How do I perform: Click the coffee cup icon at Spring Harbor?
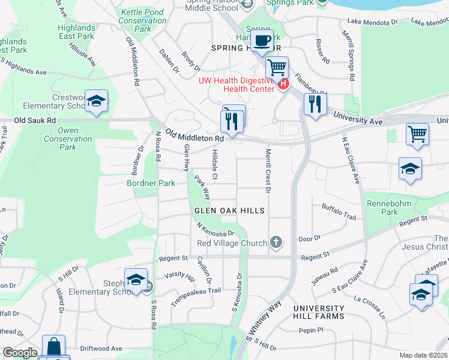261,41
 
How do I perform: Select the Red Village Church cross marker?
276,242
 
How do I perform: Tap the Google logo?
20,353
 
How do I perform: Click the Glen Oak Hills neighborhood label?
229,211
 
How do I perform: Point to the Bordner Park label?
151,183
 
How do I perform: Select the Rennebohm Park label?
382,208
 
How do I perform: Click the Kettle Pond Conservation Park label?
143,20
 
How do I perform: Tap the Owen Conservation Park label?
68,139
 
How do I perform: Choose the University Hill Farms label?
319,312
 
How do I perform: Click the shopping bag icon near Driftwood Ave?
54,346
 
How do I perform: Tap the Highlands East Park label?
76,32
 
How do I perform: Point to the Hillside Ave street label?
82,53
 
